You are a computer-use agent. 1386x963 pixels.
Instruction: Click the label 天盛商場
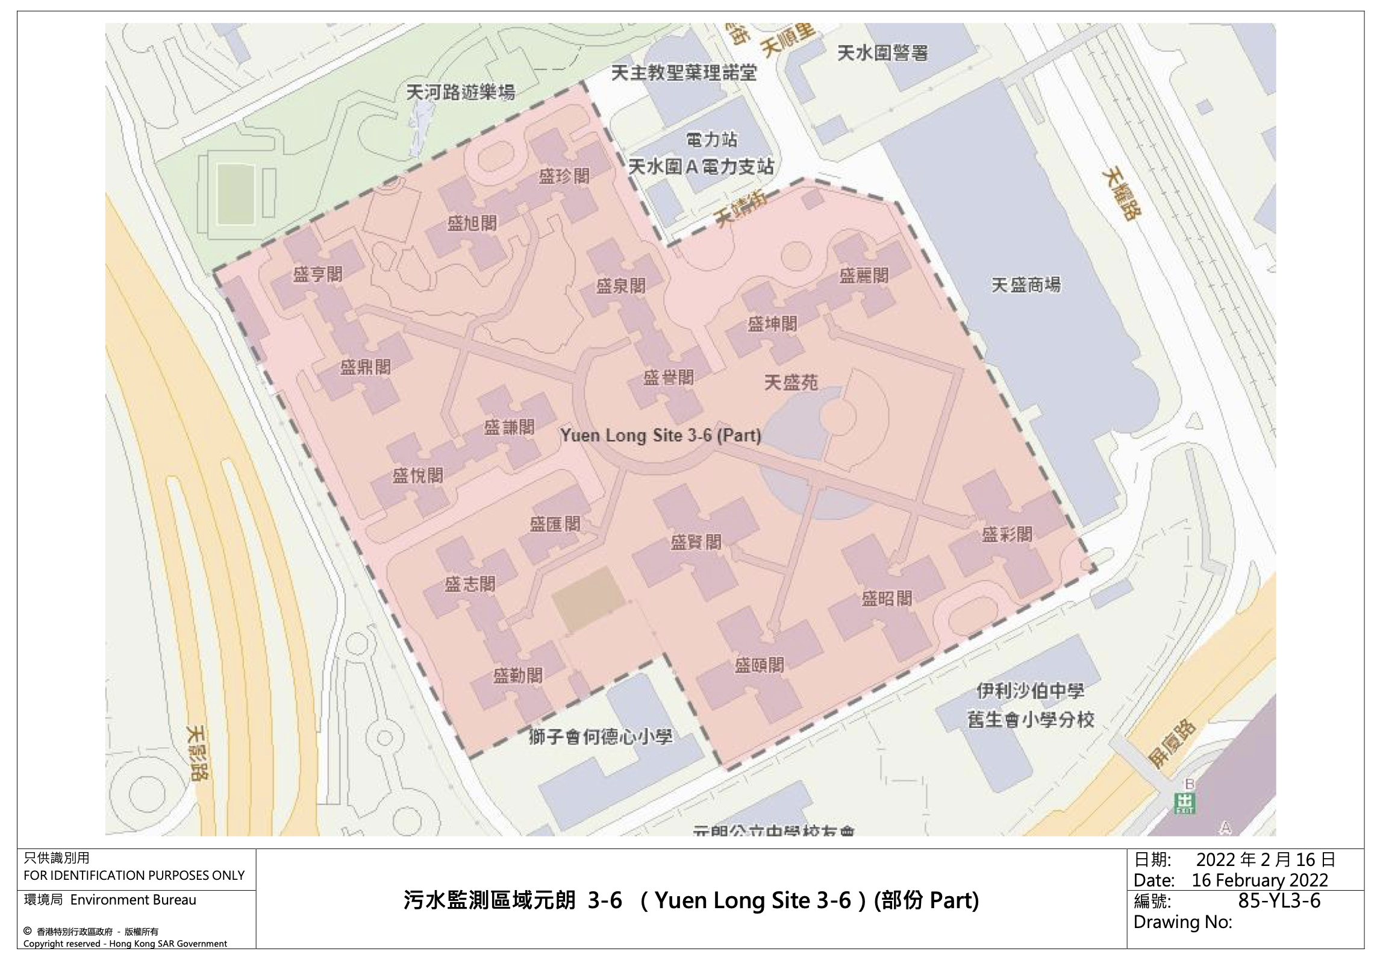point(1025,285)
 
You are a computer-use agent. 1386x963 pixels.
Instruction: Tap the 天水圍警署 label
point(882,54)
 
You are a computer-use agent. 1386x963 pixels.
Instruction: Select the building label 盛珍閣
point(564,176)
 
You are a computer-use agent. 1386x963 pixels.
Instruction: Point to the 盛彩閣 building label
point(1007,534)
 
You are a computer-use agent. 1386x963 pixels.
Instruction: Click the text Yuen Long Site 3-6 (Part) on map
point(660,435)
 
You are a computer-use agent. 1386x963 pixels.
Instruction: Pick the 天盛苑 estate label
point(791,382)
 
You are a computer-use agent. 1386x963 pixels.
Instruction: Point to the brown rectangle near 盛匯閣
point(587,599)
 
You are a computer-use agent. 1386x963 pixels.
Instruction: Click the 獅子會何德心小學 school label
point(600,737)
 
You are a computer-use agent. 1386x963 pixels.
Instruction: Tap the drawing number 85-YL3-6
point(1279,901)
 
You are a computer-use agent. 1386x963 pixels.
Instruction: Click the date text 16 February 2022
point(1260,880)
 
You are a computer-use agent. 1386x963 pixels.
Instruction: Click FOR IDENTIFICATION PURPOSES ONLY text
point(134,875)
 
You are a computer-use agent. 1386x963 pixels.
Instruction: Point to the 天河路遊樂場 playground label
point(460,92)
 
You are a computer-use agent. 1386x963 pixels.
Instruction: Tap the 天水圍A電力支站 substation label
point(701,166)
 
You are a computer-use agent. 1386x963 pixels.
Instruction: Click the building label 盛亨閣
point(317,275)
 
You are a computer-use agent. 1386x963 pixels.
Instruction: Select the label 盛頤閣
point(759,665)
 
